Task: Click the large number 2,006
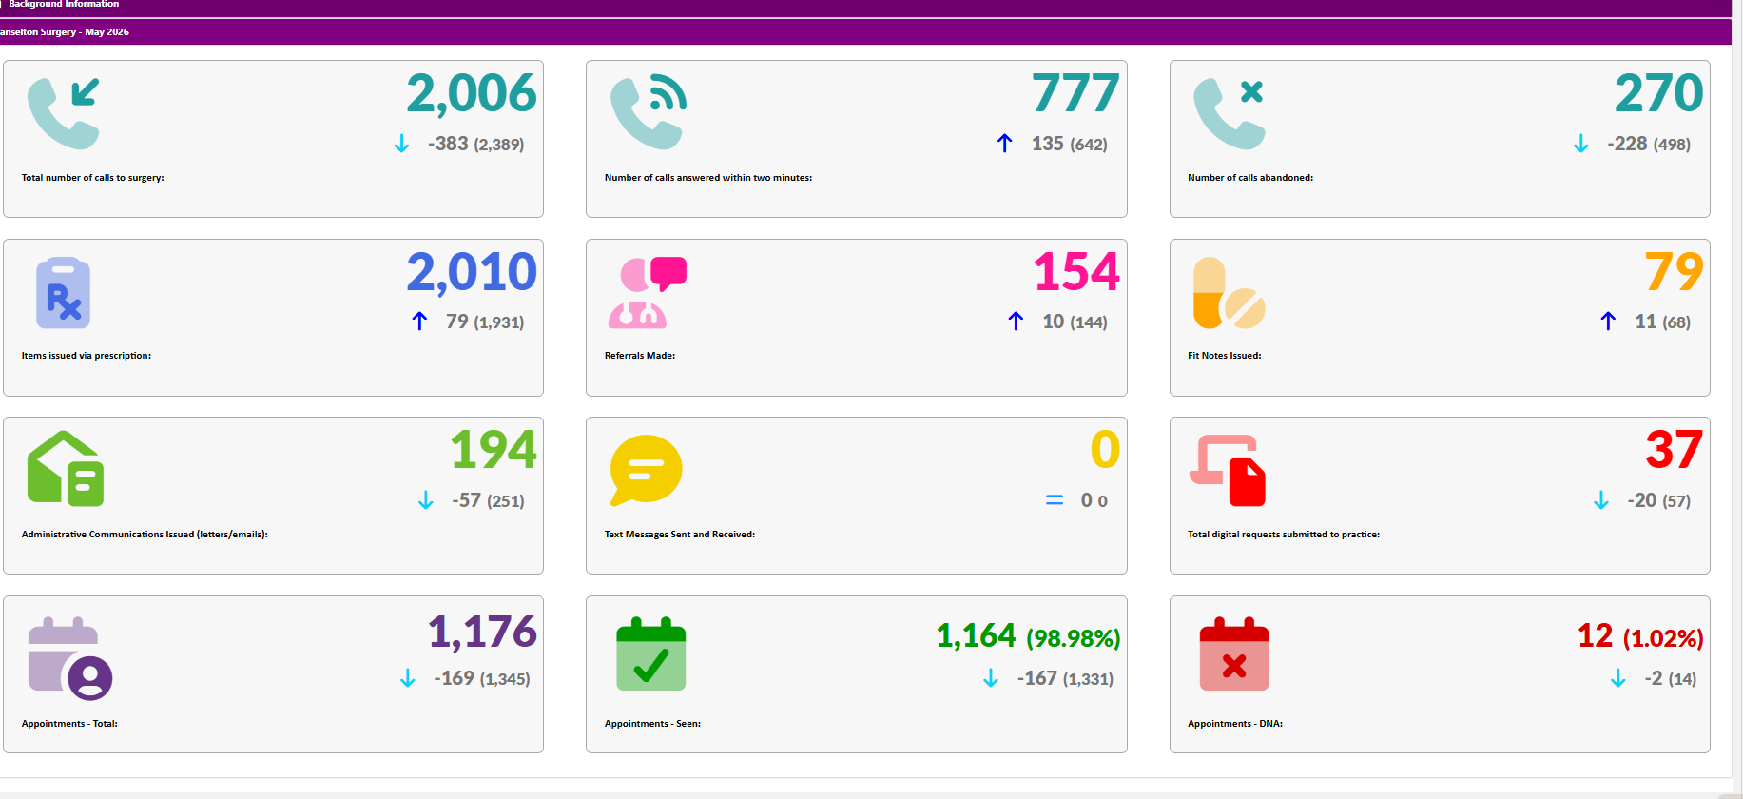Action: (x=472, y=94)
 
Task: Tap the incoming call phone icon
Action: (x=64, y=113)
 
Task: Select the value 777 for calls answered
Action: (x=1076, y=93)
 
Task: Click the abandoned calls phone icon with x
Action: (x=1229, y=113)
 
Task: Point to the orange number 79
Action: (x=1675, y=272)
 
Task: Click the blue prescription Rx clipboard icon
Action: (x=63, y=293)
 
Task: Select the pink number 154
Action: (x=1076, y=272)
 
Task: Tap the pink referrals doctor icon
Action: (x=648, y=292)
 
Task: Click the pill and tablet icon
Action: (x=1229, y=293)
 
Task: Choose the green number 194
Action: (x=494, y=450)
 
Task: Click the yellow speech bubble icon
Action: (x=646, y=470)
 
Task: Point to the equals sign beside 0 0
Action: (x=1055, y=500)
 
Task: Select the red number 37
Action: (x=1675, y=450)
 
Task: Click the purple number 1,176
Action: (x=482, y=632)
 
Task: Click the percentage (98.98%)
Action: (x=1074, y=638)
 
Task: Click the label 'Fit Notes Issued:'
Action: (x=1225, y=356)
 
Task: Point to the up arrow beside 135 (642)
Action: (x=1005, y=144)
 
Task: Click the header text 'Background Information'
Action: (x=64, y=5)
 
